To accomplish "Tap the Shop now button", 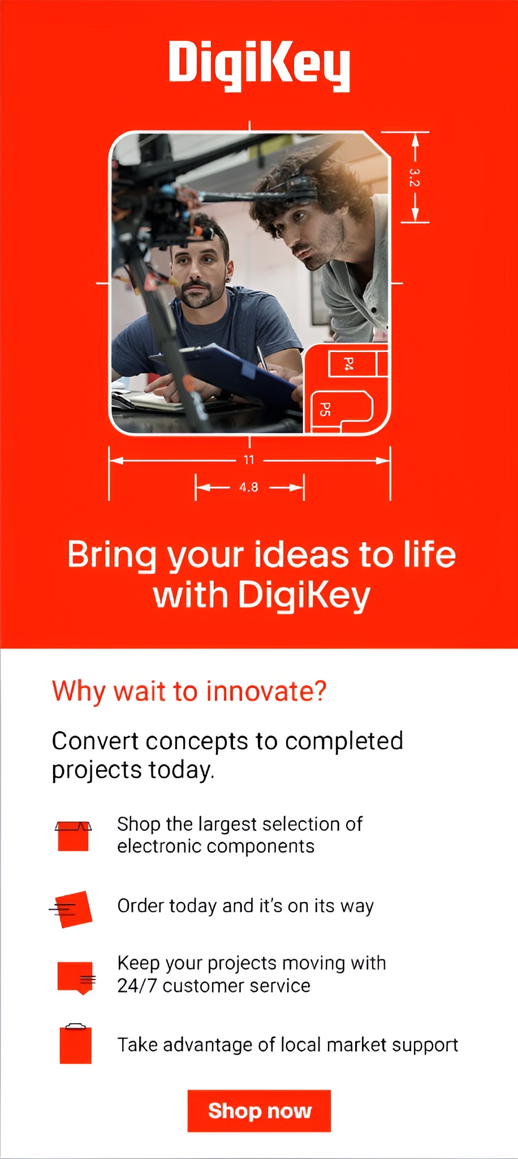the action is point(259,1110).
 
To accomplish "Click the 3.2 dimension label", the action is point(415,178).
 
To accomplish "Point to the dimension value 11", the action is point(249,460).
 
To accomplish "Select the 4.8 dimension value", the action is point(249,487).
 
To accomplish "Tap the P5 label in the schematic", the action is point(325,409).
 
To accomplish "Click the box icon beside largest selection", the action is point(73,836).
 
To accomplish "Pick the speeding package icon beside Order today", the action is point(72,909).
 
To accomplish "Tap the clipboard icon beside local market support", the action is point(76,1044).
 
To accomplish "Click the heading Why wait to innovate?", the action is point(189,692).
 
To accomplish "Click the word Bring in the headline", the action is point(111,556).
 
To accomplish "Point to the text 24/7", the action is point(137,986).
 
